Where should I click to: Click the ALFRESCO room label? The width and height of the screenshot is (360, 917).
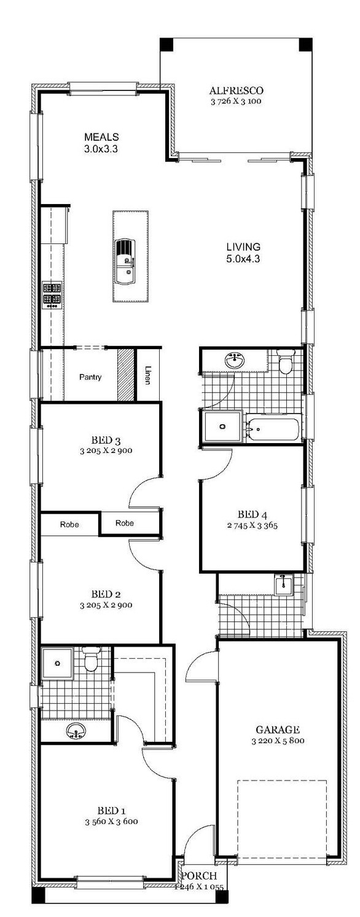click(236, 90)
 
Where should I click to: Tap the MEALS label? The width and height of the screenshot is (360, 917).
click(101, 136)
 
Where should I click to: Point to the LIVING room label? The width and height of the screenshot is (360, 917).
click(243, 247)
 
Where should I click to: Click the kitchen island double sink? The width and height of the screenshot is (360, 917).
click(125, 261)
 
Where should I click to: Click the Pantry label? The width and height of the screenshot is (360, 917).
click(90, 377)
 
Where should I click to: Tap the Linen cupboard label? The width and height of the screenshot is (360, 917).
click(147, 375)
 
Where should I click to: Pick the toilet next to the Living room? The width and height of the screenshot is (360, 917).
click(284, 361)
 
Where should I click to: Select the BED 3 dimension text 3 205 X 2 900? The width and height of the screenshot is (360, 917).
click(106, 451)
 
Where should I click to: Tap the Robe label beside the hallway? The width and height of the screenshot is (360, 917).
click(124, 523)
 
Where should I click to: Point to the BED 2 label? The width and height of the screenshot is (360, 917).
click(106, 594)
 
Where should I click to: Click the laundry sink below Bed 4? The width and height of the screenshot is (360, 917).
click(283, 584)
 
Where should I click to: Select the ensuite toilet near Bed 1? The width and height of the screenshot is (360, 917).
click(89, 659)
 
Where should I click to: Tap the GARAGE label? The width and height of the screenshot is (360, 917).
click(278, 729)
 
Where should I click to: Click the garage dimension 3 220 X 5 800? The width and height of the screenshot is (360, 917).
click(278, 740)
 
